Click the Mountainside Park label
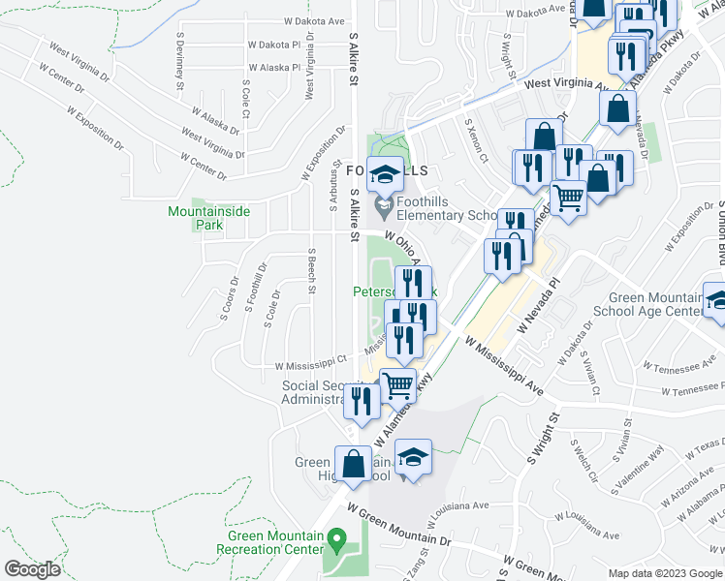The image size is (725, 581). click(x=195, y=218)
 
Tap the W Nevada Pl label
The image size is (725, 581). click(x=540, y=308)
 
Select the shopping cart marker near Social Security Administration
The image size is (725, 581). click(x=397, y=386)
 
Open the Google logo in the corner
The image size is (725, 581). click(x=33, y=569)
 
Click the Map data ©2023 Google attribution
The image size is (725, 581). click(x=664, y=573)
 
